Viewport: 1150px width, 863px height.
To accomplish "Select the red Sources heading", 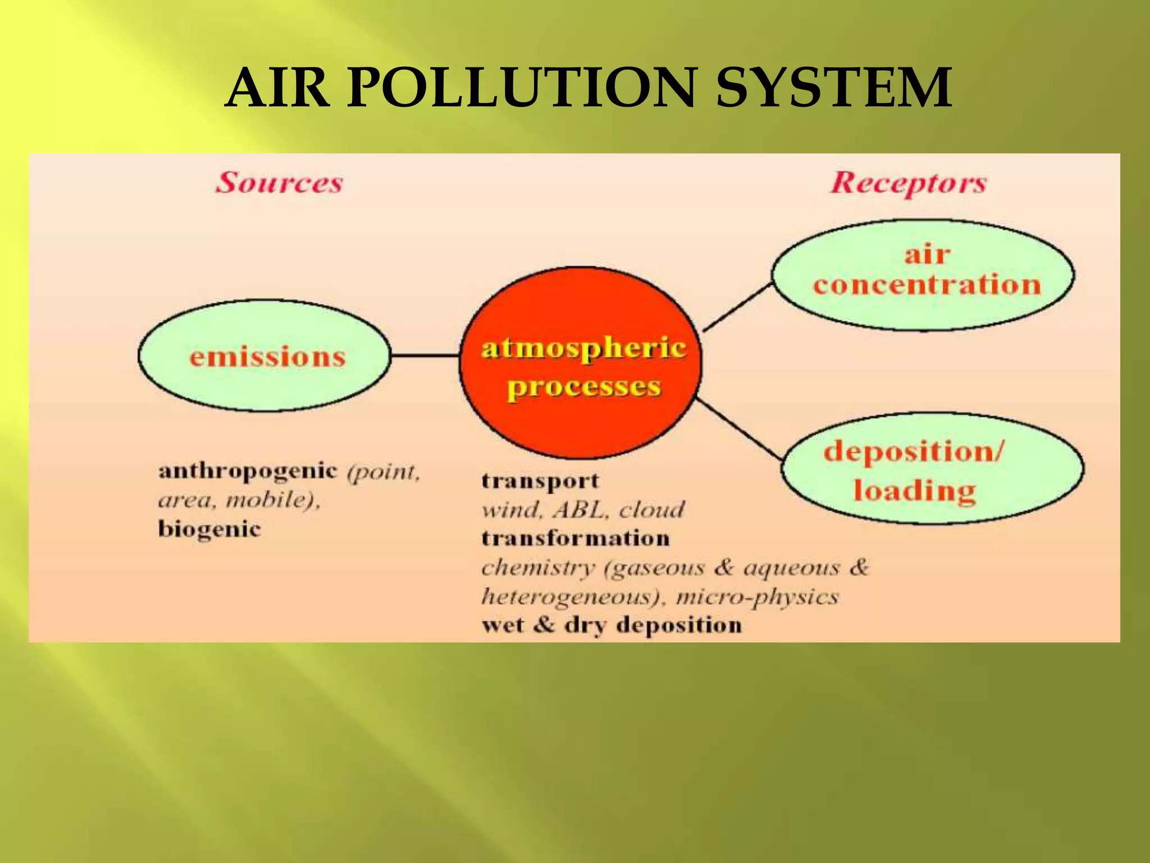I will [279, 183].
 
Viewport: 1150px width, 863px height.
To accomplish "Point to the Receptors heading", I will [908, 183].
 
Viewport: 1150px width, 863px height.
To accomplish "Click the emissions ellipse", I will [264, 356].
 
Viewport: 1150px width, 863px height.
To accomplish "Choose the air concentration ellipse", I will [923, 274].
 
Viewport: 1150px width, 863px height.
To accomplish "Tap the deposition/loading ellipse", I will [932, 469].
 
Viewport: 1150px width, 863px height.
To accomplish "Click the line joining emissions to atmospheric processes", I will [425, 355].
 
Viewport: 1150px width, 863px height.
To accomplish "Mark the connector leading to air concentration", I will [737, 307].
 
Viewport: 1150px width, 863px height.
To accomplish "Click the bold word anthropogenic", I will [248, 471].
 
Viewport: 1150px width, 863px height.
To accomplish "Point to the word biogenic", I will [209, 529].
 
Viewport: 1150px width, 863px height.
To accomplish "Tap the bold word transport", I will [540, 481].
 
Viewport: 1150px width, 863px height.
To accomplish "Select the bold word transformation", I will [576, 538].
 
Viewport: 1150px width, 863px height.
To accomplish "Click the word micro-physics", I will [757, 596].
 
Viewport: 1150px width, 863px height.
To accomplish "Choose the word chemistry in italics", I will [537, 567].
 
